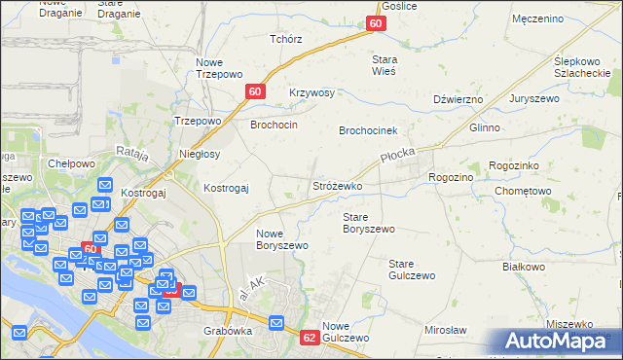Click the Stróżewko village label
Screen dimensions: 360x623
coord(337,185)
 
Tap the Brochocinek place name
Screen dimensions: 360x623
coord(370,130)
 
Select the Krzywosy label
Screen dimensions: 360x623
coord(311,93)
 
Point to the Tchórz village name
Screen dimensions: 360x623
coord(286,39)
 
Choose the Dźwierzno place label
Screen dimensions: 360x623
coord(458,99)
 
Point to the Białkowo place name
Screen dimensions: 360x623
coord(522,266)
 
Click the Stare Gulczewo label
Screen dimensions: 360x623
coord(410,270)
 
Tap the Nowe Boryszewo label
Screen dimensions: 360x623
coord(281,239)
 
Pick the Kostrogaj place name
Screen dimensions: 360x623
coord(226,187)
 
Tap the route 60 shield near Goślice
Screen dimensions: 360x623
coord(377,23)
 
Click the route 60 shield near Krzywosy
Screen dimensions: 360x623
coord(254,91)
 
